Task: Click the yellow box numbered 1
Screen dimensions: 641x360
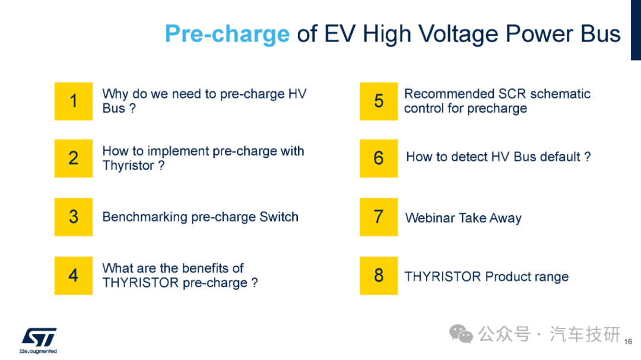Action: [x=74, y=101]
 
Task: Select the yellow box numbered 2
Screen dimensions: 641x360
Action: [x=74, y=158]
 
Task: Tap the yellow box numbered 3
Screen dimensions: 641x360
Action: [x=74, y=217]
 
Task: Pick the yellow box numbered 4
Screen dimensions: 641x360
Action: [x=74, y=276]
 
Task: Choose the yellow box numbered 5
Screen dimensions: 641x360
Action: [x=379, y=101]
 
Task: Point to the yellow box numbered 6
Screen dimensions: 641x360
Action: [x=379, y=158]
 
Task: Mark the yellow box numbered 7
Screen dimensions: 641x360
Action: [x=379, y=217]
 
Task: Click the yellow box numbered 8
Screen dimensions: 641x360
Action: [x=379, y=276]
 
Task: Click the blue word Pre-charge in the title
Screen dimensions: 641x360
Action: [x=227, y=34]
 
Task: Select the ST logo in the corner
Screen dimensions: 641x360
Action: [x=39, y=340]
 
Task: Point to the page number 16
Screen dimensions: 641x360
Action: [x=629, y=342]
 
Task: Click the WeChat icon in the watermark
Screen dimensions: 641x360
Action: [x=461, y=334]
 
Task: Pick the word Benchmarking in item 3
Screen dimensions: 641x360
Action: [x=145, y=217]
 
